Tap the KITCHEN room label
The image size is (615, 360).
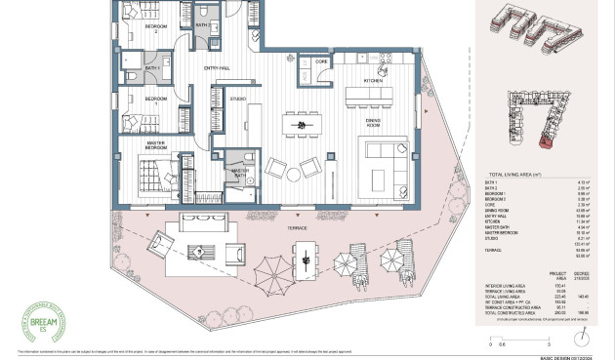pyautogui.click(x=374, y=81)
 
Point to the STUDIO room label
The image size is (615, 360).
pyautogui.click(x=237, y=99)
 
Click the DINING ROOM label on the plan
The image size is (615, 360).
pyautogui.click(x=372, y=121)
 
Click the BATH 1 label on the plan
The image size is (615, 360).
pyautogui.click(x=152, y=68)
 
